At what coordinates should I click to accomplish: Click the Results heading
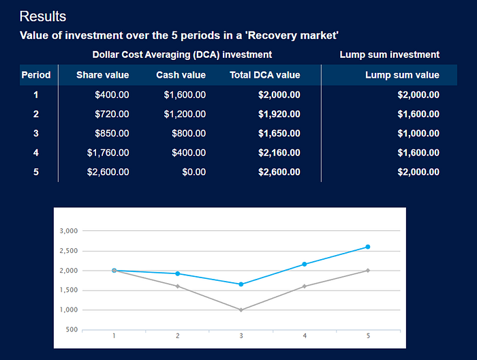(x=43, y=16)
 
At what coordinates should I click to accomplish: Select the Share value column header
(x=102, y=75)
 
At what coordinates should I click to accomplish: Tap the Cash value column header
(x=181, y=75)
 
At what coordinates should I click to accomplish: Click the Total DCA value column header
(x=265, y=75)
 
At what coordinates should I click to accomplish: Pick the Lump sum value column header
(x=402, y=75)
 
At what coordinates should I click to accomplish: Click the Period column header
(x=36, y=75)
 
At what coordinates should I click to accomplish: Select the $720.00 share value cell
(x=112, y=114)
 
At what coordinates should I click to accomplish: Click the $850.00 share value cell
(x=112, y=133)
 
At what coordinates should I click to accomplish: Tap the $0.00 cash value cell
(x=194, y=172)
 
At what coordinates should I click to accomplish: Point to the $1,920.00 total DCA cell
(x=279, y=114)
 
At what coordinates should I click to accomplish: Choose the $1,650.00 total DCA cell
(x=279, y=133)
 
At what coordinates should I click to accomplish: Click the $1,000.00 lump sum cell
(x=418, y=133)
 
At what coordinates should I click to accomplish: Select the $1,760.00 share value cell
(x=108, y=153)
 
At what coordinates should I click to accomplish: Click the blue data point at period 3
(x=241, y=284)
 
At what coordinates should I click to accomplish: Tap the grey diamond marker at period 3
(x=241, y=310)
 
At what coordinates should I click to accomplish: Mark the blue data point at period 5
(x=368, y=247)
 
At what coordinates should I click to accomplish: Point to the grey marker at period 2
(x=178, y=286)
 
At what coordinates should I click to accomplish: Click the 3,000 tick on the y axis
(x=69, y=231)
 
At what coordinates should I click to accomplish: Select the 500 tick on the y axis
(x=72, y=329)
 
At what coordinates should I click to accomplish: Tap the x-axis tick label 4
(x=305, y=336)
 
